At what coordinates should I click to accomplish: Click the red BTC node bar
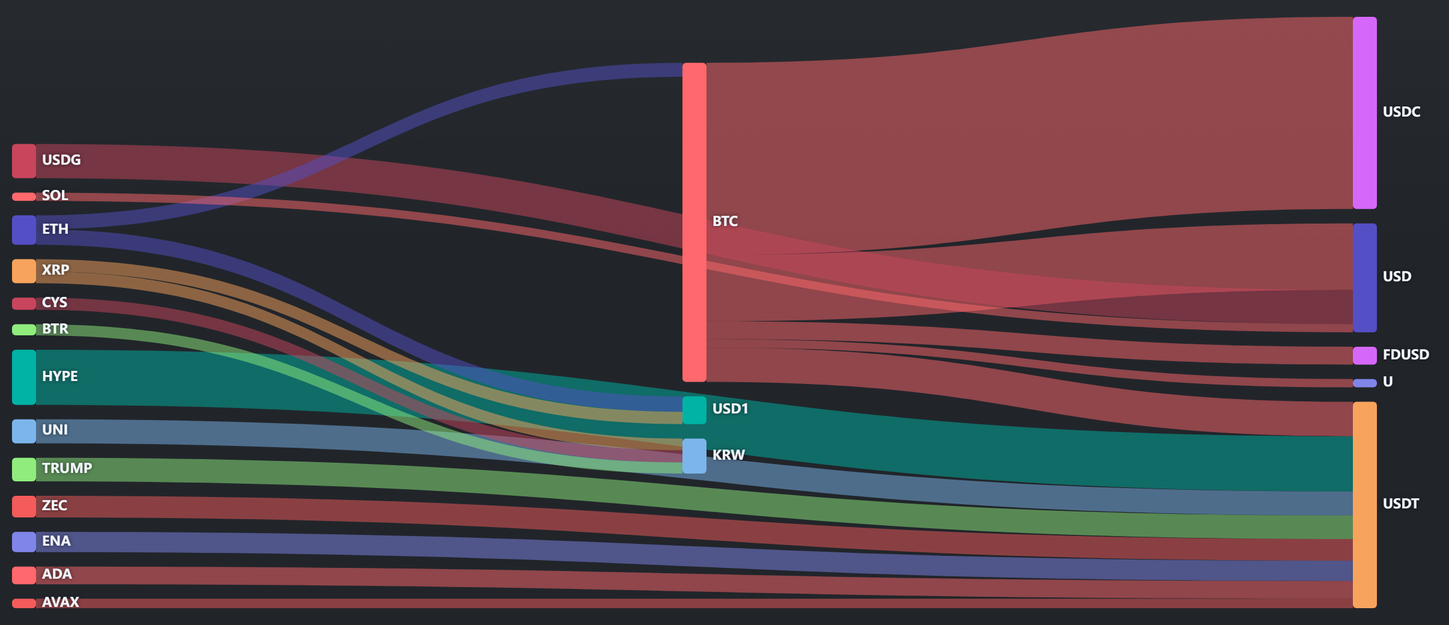[694, 222]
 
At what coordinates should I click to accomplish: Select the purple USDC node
[1364, 113]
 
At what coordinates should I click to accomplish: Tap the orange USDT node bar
[1364, 505]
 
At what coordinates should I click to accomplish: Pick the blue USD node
[1364, 278]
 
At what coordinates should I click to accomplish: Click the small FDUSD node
[1364, 355]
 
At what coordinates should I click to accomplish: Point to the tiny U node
[1364, 383]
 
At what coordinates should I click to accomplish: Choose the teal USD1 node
[694, 410]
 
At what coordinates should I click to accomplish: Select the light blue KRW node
[694, 456]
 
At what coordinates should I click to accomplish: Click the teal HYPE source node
[24, 377]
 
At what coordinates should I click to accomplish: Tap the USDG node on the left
[24, 161]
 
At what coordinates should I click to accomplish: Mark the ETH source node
[24, 230]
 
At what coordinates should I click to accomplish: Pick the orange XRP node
[24, 271]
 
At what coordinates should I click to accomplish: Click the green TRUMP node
[24, 469]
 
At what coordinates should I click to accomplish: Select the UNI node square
[24, 431]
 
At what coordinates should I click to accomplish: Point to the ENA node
[24, 542]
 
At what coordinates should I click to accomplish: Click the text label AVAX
[60, 602]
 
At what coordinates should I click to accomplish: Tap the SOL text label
[55, 195]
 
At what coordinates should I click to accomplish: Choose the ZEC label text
[54, 505]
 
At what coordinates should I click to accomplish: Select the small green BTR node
[24, 329]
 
